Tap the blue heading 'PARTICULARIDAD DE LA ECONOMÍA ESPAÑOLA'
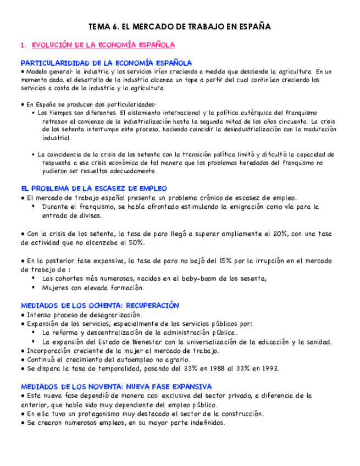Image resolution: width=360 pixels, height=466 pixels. pyautogui.click(x=106, y=63)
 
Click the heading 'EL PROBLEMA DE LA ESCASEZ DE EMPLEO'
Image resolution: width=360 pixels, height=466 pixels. pyautogui.click(x=94, y=188)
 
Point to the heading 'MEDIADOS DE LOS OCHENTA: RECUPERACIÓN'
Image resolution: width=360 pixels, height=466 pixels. pyautogui.click(x=100, y=306)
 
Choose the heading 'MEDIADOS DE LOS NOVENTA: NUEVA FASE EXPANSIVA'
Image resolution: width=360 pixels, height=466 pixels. pyautogui.click(x=116, y=387)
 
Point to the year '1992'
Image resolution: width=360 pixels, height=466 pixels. pyautogui.click(x=269, y=368)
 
